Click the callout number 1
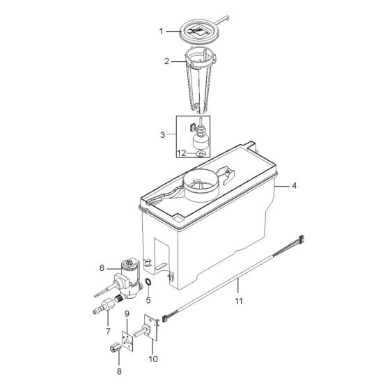click(162, 31)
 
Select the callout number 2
click(167, 61)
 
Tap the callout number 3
click(162, 134)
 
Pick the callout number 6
click(102, 267)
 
